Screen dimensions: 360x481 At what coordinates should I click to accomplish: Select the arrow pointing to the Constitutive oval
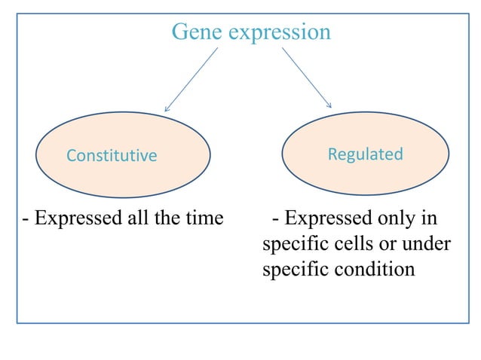pyautogui.click(x=191, y=80)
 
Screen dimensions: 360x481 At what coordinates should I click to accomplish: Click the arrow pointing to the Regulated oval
pyautogui.click(x=307, y=78)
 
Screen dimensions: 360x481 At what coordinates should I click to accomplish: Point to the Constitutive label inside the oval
pyautogui.click(x=112, y=156)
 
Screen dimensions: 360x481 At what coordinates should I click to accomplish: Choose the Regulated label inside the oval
pyautogui.click(x=365, y=154)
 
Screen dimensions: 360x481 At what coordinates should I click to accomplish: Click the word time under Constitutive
pyautogui.click(x=203, y=218)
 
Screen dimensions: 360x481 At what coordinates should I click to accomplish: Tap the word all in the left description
pyautogui.click(x=136, y=218)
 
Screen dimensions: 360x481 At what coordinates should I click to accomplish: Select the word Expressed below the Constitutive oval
pyautogui.click(x=78, y=218)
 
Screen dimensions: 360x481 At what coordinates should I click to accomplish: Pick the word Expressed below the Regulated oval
pyautogui.click(x=326, y=218)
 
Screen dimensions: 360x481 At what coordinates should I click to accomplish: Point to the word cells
pyautogui.click(x=351, y=244)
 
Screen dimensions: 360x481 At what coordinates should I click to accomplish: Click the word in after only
pyautogui.click(x=428, y=218)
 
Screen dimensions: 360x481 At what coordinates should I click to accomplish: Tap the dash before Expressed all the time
pyautogui.click(x=26, y=219)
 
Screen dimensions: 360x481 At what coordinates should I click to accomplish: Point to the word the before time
pyautogui.click(x=166, y=218)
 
